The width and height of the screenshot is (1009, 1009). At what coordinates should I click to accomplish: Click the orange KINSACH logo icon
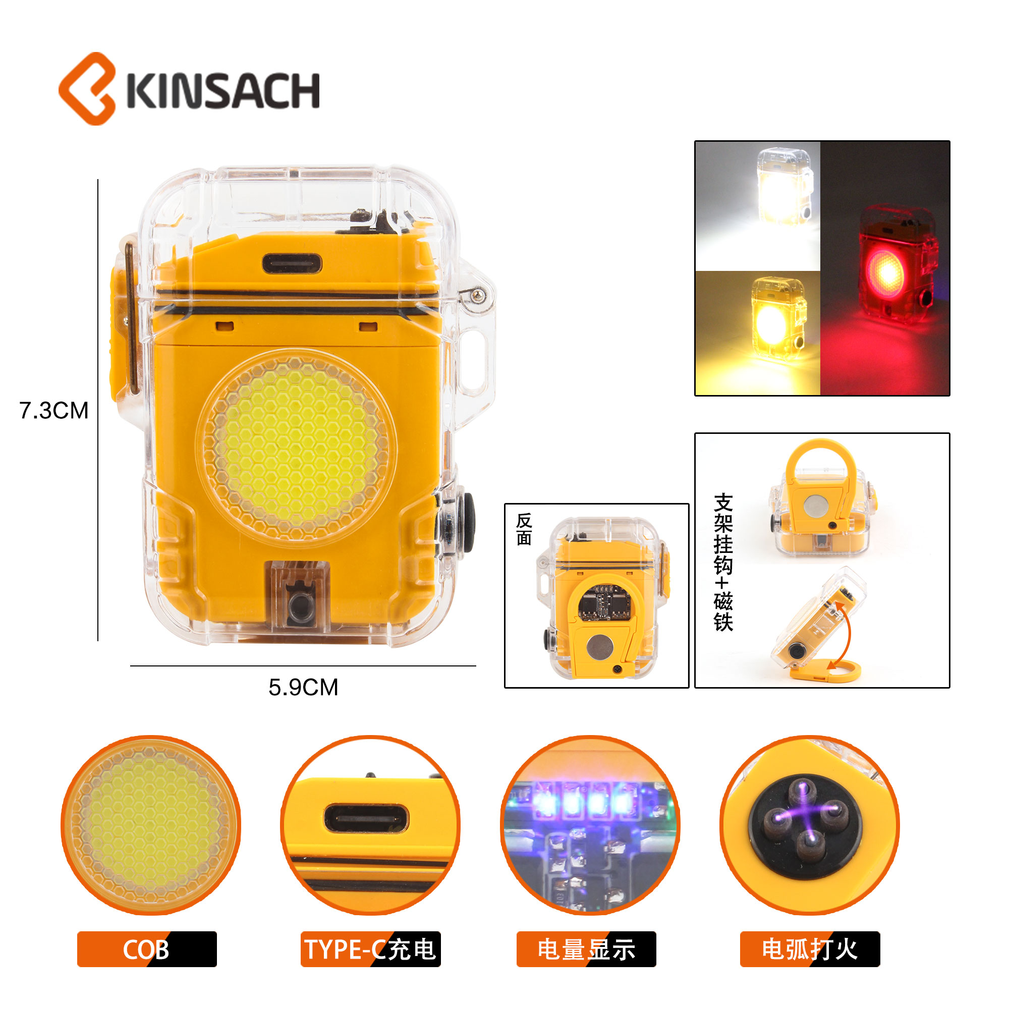click(87, 89)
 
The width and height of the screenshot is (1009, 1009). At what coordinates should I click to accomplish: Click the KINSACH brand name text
click(223, 91)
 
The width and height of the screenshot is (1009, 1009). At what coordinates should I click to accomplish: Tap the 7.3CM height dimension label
click(54, 411)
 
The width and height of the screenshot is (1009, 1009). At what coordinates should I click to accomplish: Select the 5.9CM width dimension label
click(303, 687)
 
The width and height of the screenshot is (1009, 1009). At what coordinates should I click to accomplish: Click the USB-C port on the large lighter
click(292, 264)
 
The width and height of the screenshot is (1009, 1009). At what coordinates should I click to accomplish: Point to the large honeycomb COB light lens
click(296, 447)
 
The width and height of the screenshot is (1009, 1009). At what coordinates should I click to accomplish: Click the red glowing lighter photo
click(885, 268)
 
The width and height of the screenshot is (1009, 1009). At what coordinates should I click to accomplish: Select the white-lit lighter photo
click(758, 206)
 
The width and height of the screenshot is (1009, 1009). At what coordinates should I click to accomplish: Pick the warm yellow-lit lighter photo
click(758, 333)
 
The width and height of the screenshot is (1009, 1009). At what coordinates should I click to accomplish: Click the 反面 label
click(524, 529)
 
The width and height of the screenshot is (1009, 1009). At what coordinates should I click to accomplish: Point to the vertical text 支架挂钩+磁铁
click(723, 562)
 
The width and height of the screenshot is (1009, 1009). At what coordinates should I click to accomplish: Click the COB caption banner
click(147, 949)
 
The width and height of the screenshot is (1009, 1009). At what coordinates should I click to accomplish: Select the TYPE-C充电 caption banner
click(371, 949)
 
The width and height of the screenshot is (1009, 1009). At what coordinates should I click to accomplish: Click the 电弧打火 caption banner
click(810, 949)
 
